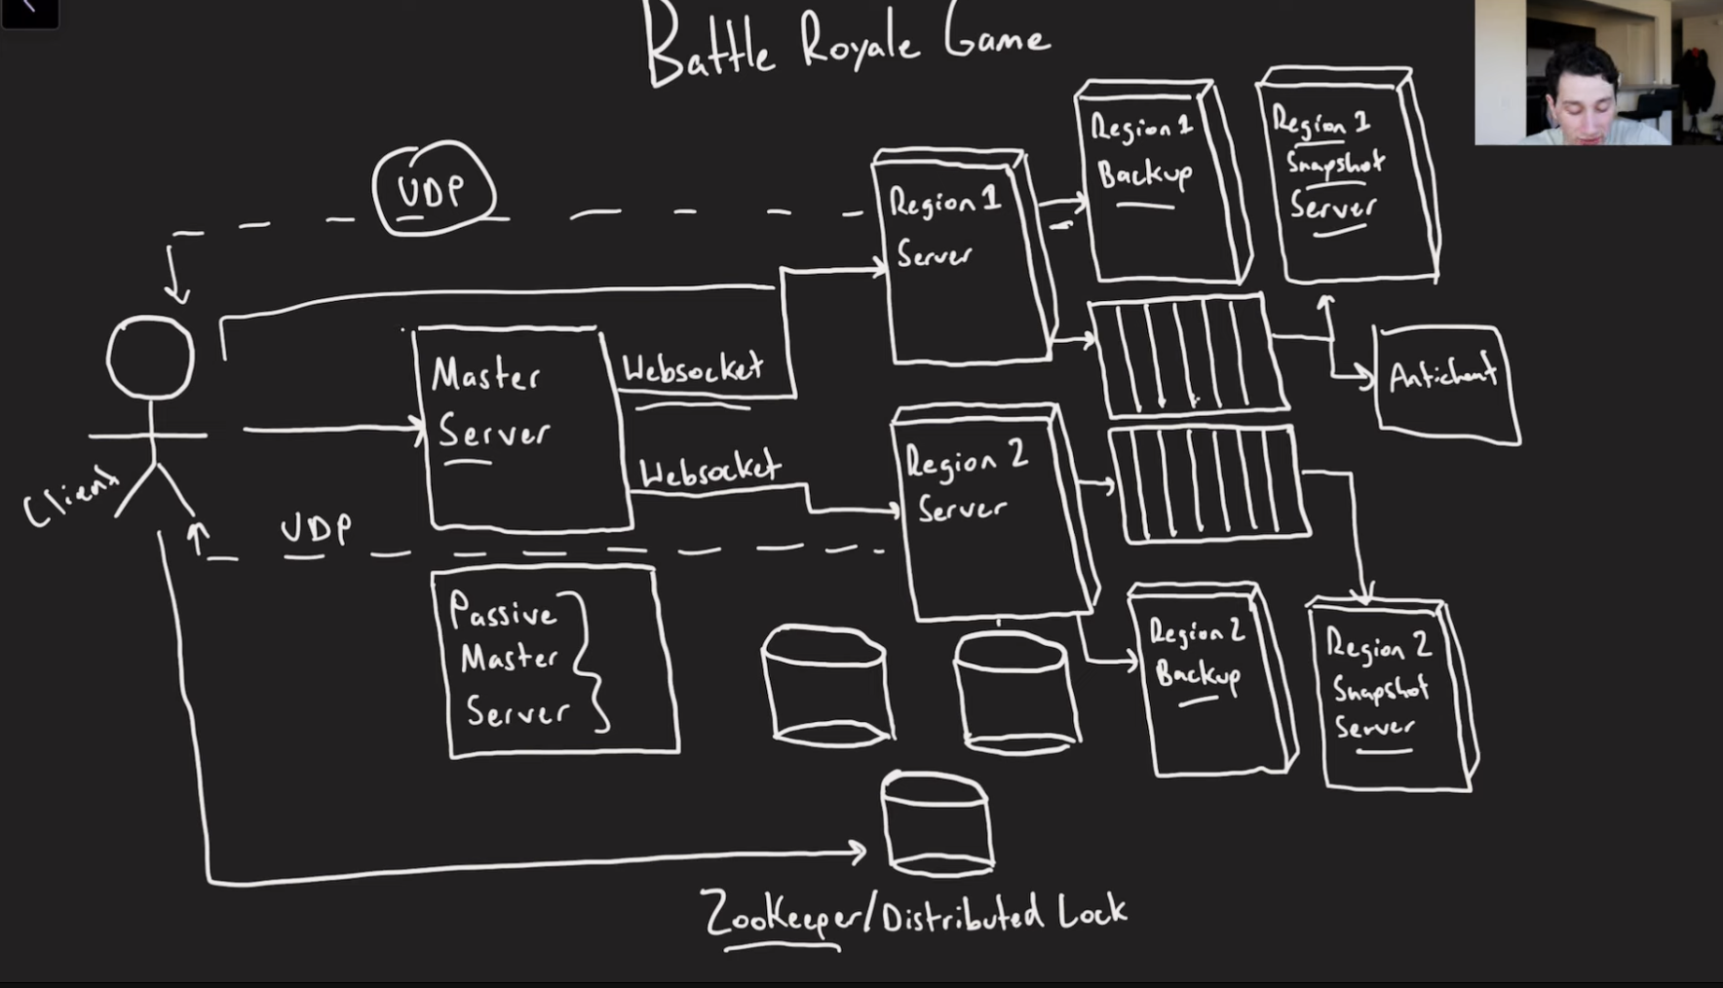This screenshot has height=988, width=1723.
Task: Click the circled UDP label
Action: coord(433,190)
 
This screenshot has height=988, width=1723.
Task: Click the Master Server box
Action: coord(521,429)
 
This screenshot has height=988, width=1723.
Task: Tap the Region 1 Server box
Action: coord(965,258)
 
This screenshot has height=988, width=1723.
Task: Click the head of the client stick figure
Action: coord(150,357)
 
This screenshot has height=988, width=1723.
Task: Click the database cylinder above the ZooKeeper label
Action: coord(937,823)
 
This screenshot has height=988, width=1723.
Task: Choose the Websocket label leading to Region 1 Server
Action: coord(693,369)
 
